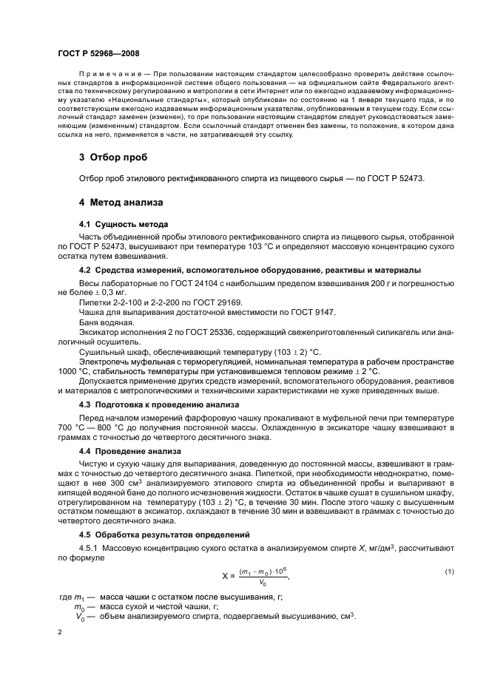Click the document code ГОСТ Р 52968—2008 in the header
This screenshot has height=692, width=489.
(98, 54)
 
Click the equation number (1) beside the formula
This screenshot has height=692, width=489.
(448, 571)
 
